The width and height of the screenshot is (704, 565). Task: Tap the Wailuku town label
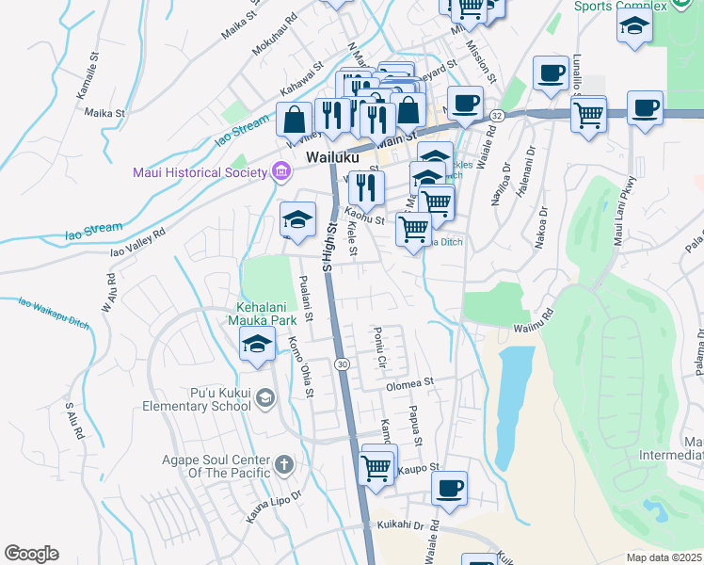(x=331, y=156)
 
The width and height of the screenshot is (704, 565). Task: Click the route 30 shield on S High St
(x=343, y=363)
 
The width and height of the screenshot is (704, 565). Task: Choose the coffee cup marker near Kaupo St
(x=450, y=488)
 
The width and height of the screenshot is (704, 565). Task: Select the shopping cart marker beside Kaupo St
(x=376, y=465)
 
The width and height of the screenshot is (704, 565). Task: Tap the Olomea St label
(x=408, y=383)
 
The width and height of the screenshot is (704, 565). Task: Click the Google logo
(x=31, y=553)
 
